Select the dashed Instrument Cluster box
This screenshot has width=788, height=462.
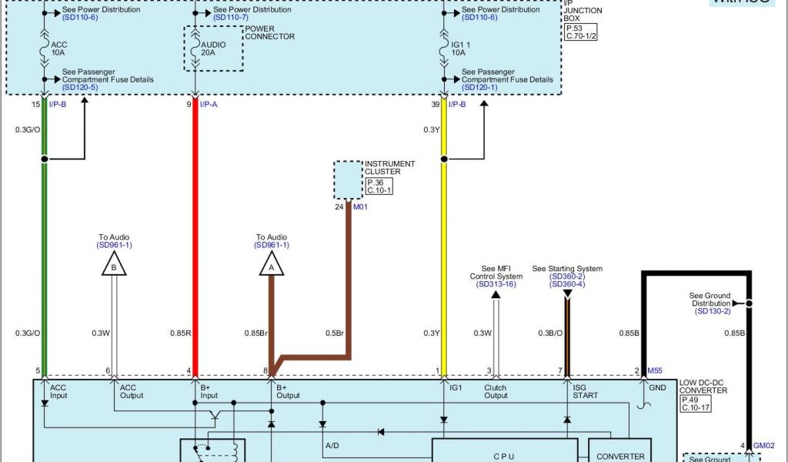coord(347,179)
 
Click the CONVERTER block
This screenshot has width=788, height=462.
coord(620,454)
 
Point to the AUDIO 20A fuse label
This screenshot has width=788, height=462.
coord(213,49)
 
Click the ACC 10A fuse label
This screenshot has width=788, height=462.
coord(59,49)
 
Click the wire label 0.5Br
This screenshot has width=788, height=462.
coord(333,333)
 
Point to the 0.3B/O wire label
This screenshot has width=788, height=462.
coord(549,333)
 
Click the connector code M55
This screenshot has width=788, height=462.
coord(655,370)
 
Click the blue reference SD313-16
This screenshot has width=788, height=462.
coord(496,284)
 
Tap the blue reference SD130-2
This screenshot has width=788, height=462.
coord(713,311)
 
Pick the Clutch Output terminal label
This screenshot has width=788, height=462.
coord(496,391)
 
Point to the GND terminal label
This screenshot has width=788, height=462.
coord(657,388)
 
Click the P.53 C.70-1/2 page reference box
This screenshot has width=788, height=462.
coord(582,32)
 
